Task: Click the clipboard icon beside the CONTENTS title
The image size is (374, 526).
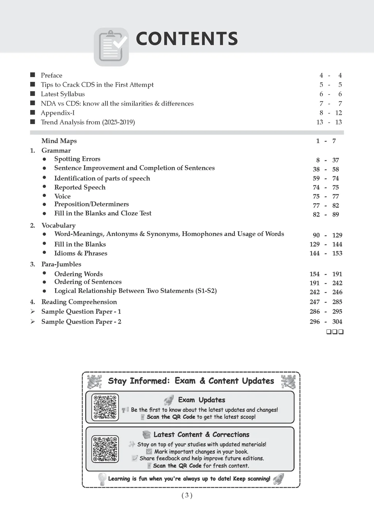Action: [x=111, y=47]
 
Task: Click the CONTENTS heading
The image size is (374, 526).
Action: [x=187, y=39]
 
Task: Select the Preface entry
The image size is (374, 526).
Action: [x=51, y=75]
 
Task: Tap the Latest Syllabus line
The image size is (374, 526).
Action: [x=63, y=94]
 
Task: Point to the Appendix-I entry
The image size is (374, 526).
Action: [x=58, y=113]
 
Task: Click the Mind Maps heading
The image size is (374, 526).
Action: [x=59, y=141]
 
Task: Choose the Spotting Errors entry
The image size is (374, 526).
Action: [x=77, y=159]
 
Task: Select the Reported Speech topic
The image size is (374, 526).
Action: [x=80, y=187]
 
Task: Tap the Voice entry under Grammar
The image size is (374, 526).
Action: [x=62, y=196]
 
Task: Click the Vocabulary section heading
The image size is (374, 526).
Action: [x=58, y=225]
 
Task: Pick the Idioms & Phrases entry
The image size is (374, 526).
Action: [x=81, y=253]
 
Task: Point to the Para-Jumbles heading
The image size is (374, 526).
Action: [x=61, y=264]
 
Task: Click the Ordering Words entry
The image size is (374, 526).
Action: [x=79, y=274]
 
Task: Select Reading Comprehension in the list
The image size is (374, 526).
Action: [x=79, y=302]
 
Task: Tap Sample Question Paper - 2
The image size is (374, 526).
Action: [x=81, y=321]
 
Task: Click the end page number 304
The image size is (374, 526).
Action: [x=337, y=321]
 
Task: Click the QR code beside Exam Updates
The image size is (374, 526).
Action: [x=105, y=407]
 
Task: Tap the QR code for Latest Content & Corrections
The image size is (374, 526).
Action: [x=105, y=449]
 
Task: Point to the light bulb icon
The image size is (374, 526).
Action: [x=102, y=479]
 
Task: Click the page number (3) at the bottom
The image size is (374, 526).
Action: [x=187, y=495]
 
